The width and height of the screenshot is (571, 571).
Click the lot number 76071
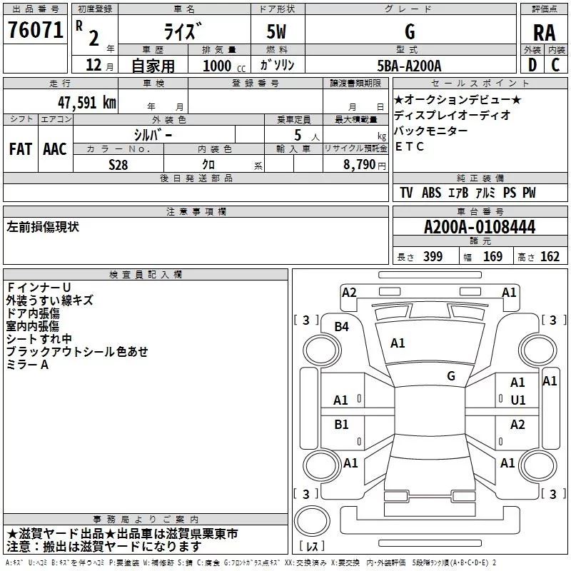(34, 31)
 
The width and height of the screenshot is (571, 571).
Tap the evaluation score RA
(544, 32)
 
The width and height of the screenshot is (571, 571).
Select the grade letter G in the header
(409, 32)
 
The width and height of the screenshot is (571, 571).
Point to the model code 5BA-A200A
(409, 66)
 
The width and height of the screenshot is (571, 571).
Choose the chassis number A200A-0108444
(479, 228)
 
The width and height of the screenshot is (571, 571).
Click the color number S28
(118, 164)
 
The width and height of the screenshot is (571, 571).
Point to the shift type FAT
(21, 148)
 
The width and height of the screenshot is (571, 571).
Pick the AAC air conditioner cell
(55, 148)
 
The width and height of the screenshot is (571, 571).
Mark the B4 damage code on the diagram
(342, 327)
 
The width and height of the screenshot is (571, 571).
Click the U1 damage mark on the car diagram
(517, 400)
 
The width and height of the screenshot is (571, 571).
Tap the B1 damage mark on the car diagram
(342, 425)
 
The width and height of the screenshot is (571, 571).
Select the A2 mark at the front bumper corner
(349, 293)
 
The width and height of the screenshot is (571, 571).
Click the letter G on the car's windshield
(451, 376)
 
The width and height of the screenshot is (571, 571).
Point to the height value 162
(550, 257)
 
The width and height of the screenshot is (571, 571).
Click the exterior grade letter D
(532, 66)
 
